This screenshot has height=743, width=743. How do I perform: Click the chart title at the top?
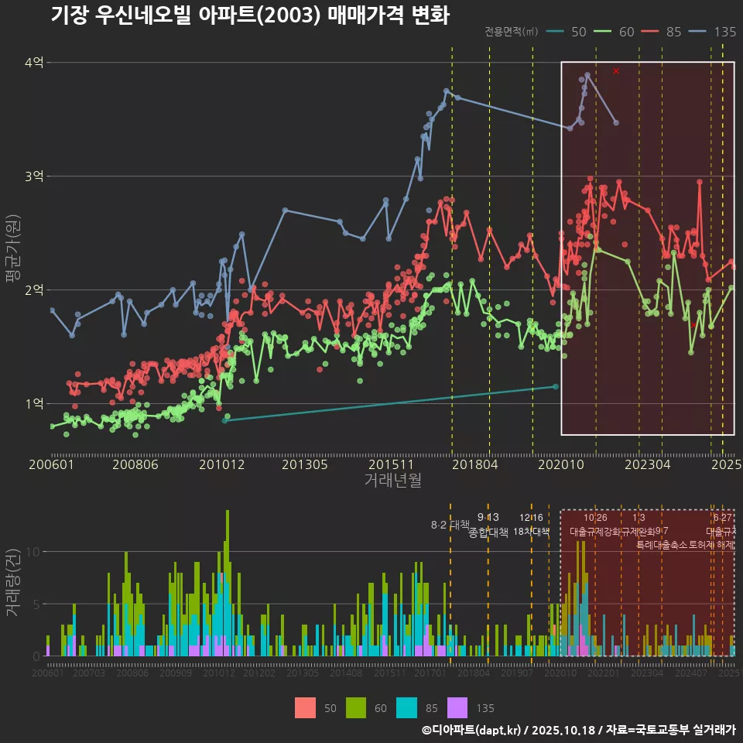249,15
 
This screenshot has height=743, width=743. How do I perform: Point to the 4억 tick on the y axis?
34,63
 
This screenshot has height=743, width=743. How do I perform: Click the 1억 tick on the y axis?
34,404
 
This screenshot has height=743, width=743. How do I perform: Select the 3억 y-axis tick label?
34,176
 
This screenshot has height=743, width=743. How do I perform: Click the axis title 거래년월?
392,481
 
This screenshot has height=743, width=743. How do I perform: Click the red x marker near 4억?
616,71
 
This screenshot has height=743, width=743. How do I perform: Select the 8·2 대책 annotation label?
450,525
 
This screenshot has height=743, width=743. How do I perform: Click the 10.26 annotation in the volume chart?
595,518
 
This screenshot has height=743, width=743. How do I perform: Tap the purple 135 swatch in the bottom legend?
458,707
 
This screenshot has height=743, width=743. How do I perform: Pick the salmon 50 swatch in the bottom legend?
306,707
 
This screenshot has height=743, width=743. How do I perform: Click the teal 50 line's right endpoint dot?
556,386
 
